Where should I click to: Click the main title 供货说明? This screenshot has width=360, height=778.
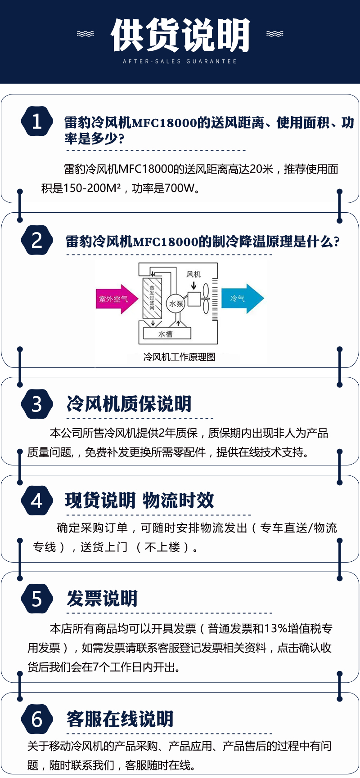point(180,35)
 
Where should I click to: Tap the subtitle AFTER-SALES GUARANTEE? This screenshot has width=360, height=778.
point(180,61)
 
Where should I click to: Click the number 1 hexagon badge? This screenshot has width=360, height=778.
point(37,121)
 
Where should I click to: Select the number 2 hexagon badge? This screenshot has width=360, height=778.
point(37,240)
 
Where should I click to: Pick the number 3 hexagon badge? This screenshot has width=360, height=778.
point(37,404)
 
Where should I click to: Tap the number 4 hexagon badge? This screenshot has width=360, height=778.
point(37,501)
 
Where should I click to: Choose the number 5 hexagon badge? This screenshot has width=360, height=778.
point(37,599)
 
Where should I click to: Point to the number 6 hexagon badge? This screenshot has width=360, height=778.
point(37,719)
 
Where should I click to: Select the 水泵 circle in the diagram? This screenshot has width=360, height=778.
point(176,304)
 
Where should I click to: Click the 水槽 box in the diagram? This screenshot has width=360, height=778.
point(167,333)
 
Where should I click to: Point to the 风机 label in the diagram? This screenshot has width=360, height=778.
point(193,274)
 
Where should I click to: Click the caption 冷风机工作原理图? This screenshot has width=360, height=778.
point(179,357)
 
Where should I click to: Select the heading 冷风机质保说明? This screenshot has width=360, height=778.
point(129,404)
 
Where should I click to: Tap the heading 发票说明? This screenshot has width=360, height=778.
point(102,599)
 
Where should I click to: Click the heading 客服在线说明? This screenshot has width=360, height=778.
point(120,719)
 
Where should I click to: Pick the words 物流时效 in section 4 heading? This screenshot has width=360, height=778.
point(179,501)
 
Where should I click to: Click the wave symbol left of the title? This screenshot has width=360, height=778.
point(85,34)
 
